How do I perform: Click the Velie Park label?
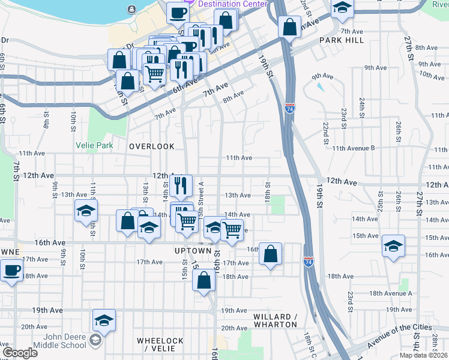[x=94, y=145]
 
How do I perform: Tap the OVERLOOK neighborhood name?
[x=152, y=146]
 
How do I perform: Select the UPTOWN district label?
[x=193, y=250]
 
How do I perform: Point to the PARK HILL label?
[x=342, y=40]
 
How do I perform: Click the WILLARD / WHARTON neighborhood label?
[x=275, y=320]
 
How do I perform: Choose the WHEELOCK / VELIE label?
[x=160, y=344]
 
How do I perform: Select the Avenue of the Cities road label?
[x=399, y=337]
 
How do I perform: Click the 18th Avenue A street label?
[x=391, y=293]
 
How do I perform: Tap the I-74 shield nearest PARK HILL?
[x=290, y=109]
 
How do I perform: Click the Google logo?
[x=20, y=353]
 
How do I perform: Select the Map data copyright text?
[x=424, y=355]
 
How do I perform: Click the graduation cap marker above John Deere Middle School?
[x=104, y=320]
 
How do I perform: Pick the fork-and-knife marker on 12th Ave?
[x=181, y=185]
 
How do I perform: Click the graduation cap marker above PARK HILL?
[x=342, y=7]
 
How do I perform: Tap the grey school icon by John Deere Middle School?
[x=95, y=341]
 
